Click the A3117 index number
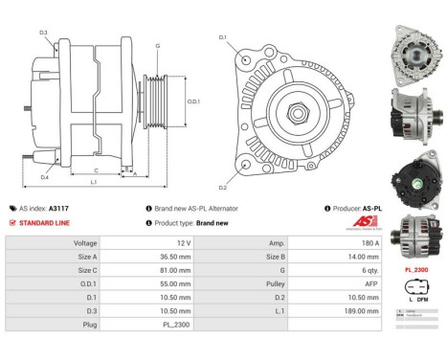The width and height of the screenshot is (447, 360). [x=59, y=208]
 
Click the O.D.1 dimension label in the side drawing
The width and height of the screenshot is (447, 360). [x=193, y=101]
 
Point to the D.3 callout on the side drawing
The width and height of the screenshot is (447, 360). [x=44, y=34]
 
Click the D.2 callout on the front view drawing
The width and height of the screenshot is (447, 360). [x=222, y=187]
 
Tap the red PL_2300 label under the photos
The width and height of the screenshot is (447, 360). [x=416, y=270]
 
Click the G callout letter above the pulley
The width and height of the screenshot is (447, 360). [x=158, y=46]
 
